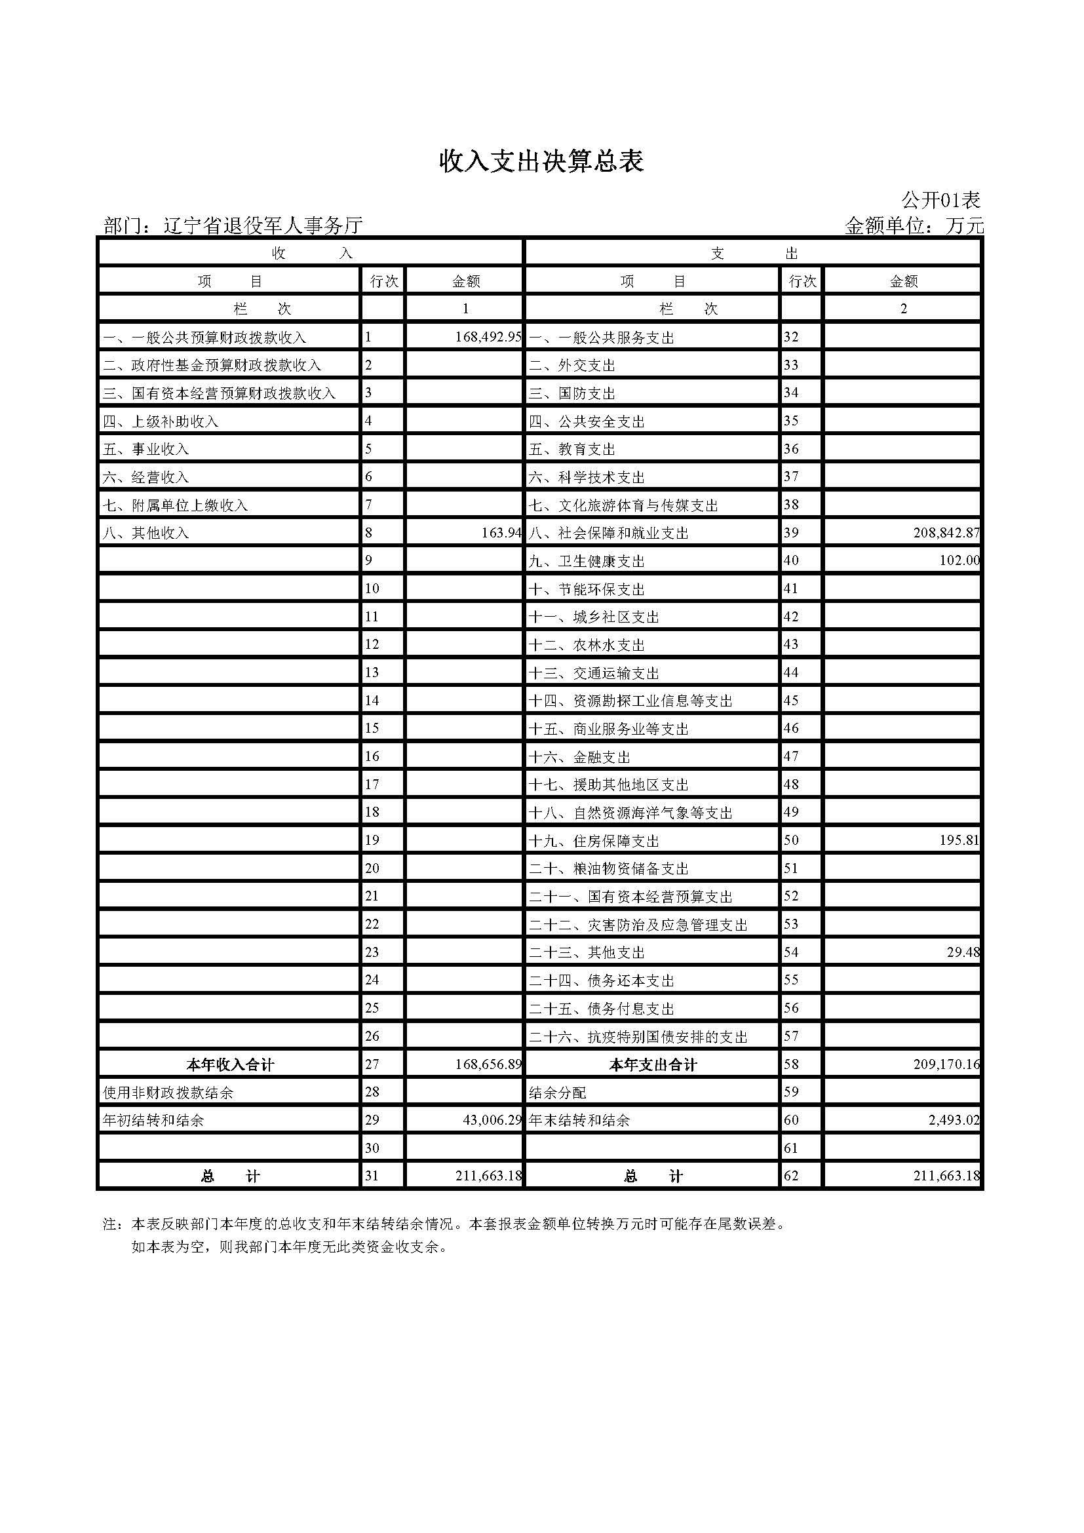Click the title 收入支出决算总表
[541, 163]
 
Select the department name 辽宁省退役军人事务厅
[263, 226]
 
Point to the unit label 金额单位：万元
[914, 226]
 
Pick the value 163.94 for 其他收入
[501, 533]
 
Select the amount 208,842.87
[946, 533]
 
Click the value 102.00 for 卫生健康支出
[959, 561]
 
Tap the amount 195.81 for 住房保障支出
[959, 840]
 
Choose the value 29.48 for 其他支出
[963, 952]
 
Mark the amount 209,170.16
[946, 1064]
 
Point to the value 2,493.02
[954, 1119]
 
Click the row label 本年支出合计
[652, 1065]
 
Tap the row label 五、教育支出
[572, 450]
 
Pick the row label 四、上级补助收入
[161, 421]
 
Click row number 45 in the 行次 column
[791, 701]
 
